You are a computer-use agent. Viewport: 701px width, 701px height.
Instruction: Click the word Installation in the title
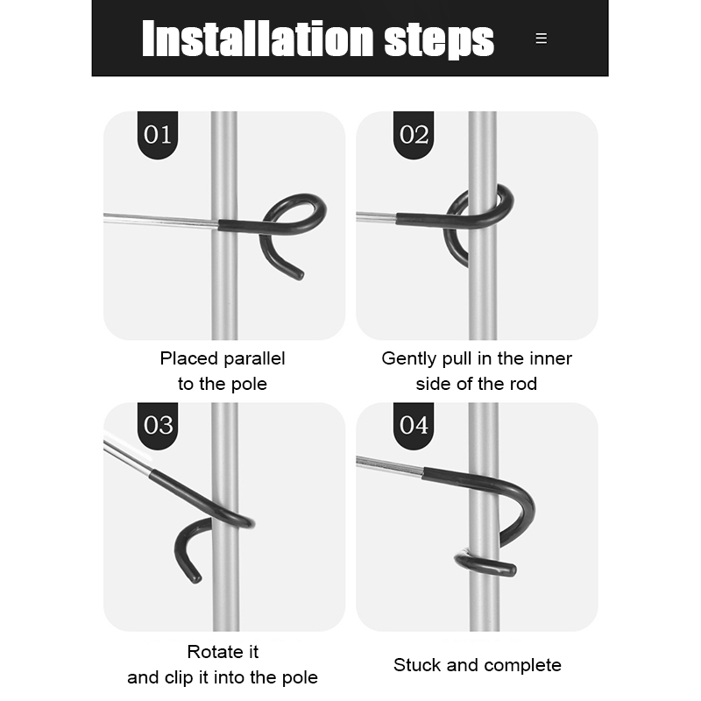[258, 39]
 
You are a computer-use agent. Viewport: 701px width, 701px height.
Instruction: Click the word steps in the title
[439, 40]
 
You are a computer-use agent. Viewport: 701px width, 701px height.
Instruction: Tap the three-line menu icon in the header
[541, 39]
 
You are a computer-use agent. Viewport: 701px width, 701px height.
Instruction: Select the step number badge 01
[158, 135]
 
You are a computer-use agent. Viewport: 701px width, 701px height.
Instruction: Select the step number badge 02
[414, 135]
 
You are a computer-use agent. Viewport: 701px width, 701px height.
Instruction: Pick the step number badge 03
[158, 426]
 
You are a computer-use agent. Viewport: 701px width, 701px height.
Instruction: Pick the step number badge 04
[414, 426]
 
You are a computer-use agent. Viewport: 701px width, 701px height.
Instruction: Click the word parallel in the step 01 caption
[254, 359]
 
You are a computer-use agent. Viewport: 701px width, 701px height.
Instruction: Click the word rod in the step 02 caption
[525, 384]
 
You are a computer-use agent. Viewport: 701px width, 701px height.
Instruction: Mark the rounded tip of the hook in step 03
[195, 577]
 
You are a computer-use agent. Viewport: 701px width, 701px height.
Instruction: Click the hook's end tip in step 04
[511, 570]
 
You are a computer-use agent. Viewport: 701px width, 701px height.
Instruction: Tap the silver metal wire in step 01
[161, 220]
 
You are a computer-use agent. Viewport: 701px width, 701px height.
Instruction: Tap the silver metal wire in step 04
[389, 466]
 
